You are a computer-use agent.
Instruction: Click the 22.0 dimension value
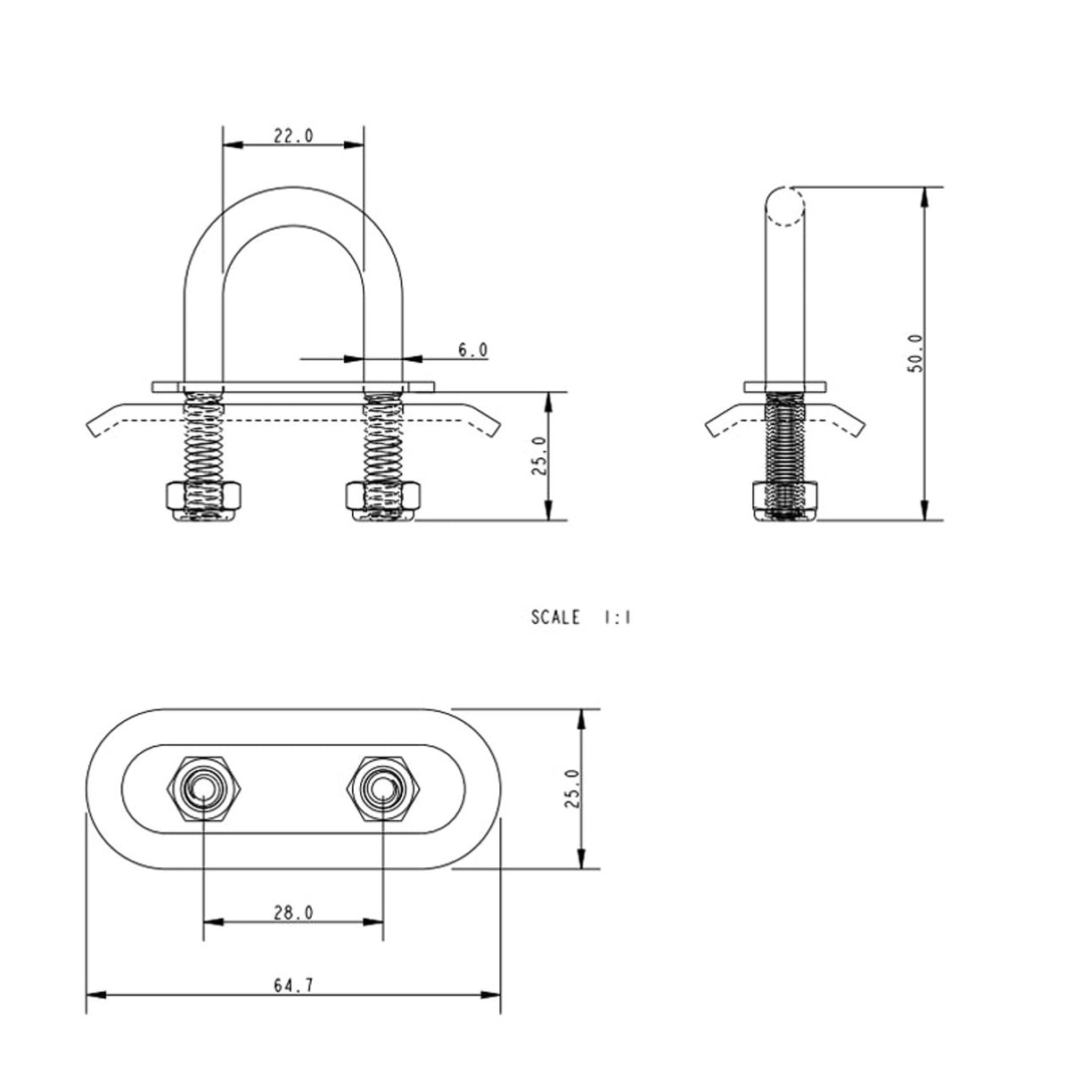coord(293,135)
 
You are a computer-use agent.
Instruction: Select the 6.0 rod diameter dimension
coord(473,350)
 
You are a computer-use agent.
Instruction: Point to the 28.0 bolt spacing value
coord(293,913)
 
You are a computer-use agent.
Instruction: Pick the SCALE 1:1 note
coord(580,618)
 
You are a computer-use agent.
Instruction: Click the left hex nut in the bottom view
coord(204,789)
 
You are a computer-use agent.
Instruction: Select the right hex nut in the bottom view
coord(383,789)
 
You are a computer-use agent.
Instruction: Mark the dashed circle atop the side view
coord(785,206)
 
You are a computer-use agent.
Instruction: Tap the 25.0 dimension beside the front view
coord(540,455)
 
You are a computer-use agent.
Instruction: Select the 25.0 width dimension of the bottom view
coord(572,789)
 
